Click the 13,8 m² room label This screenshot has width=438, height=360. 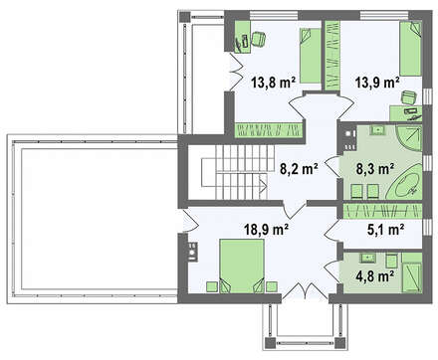(x=274, y=82)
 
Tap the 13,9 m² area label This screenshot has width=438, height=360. (x=377, y=82)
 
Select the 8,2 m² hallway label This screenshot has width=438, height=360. (x=300, y=169)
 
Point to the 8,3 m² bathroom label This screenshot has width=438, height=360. (x=375, y=169)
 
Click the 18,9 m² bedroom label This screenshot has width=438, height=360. (x=266, y=229)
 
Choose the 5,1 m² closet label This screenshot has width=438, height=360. (x=385, y=229)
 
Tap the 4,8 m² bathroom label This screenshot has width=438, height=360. (x=375, y=275)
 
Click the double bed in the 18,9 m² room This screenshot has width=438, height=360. (x=242, y=267)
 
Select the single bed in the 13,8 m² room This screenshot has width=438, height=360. (x=311, y=56)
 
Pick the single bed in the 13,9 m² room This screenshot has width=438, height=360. (x=410, y=49)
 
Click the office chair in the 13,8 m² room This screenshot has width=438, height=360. (x=259, y=38)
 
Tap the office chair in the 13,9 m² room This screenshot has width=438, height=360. (x=409, y=97)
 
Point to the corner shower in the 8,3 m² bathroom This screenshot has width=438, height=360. (x=409, y=137)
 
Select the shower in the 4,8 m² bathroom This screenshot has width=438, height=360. (x=412, y=277)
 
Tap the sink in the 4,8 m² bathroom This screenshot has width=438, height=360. (x=367, y=257)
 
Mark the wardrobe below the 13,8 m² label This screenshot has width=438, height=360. (x=269, y=130)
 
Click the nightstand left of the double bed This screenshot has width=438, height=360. (x=212, y=286)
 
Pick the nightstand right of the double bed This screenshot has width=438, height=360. (x=272, y=286)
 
